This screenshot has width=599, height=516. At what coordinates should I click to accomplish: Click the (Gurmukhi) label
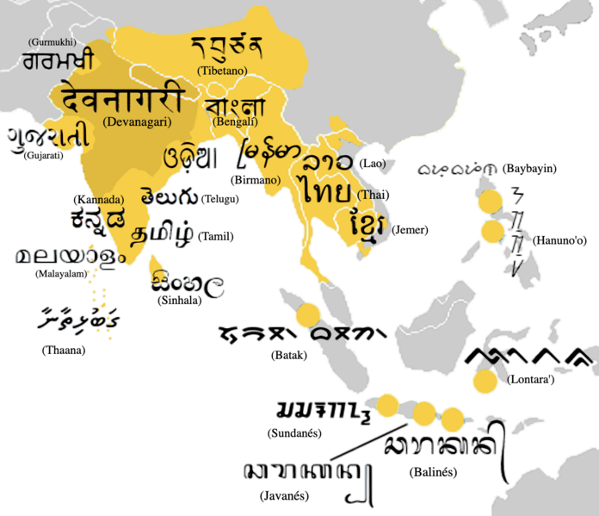[52, 41]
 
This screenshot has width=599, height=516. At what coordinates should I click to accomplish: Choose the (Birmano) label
[256, 180]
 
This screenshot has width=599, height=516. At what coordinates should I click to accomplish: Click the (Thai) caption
[373, 196]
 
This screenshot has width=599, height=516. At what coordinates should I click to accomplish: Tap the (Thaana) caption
[64, 351]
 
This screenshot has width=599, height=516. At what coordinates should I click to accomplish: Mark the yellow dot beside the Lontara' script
[485, 381]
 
